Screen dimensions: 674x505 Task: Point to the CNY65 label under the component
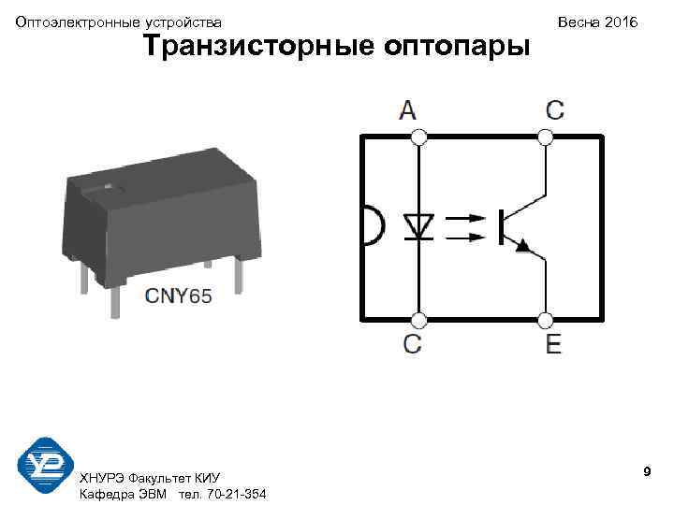179,296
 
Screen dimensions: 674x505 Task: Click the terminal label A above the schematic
408,110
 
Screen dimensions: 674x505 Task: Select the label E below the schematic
554,344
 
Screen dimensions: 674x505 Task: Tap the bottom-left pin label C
413,344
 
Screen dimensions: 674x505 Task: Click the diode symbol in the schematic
418,225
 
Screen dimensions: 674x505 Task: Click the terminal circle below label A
419,137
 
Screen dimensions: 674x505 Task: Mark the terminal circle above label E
546,321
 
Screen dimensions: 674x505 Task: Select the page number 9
647,474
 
